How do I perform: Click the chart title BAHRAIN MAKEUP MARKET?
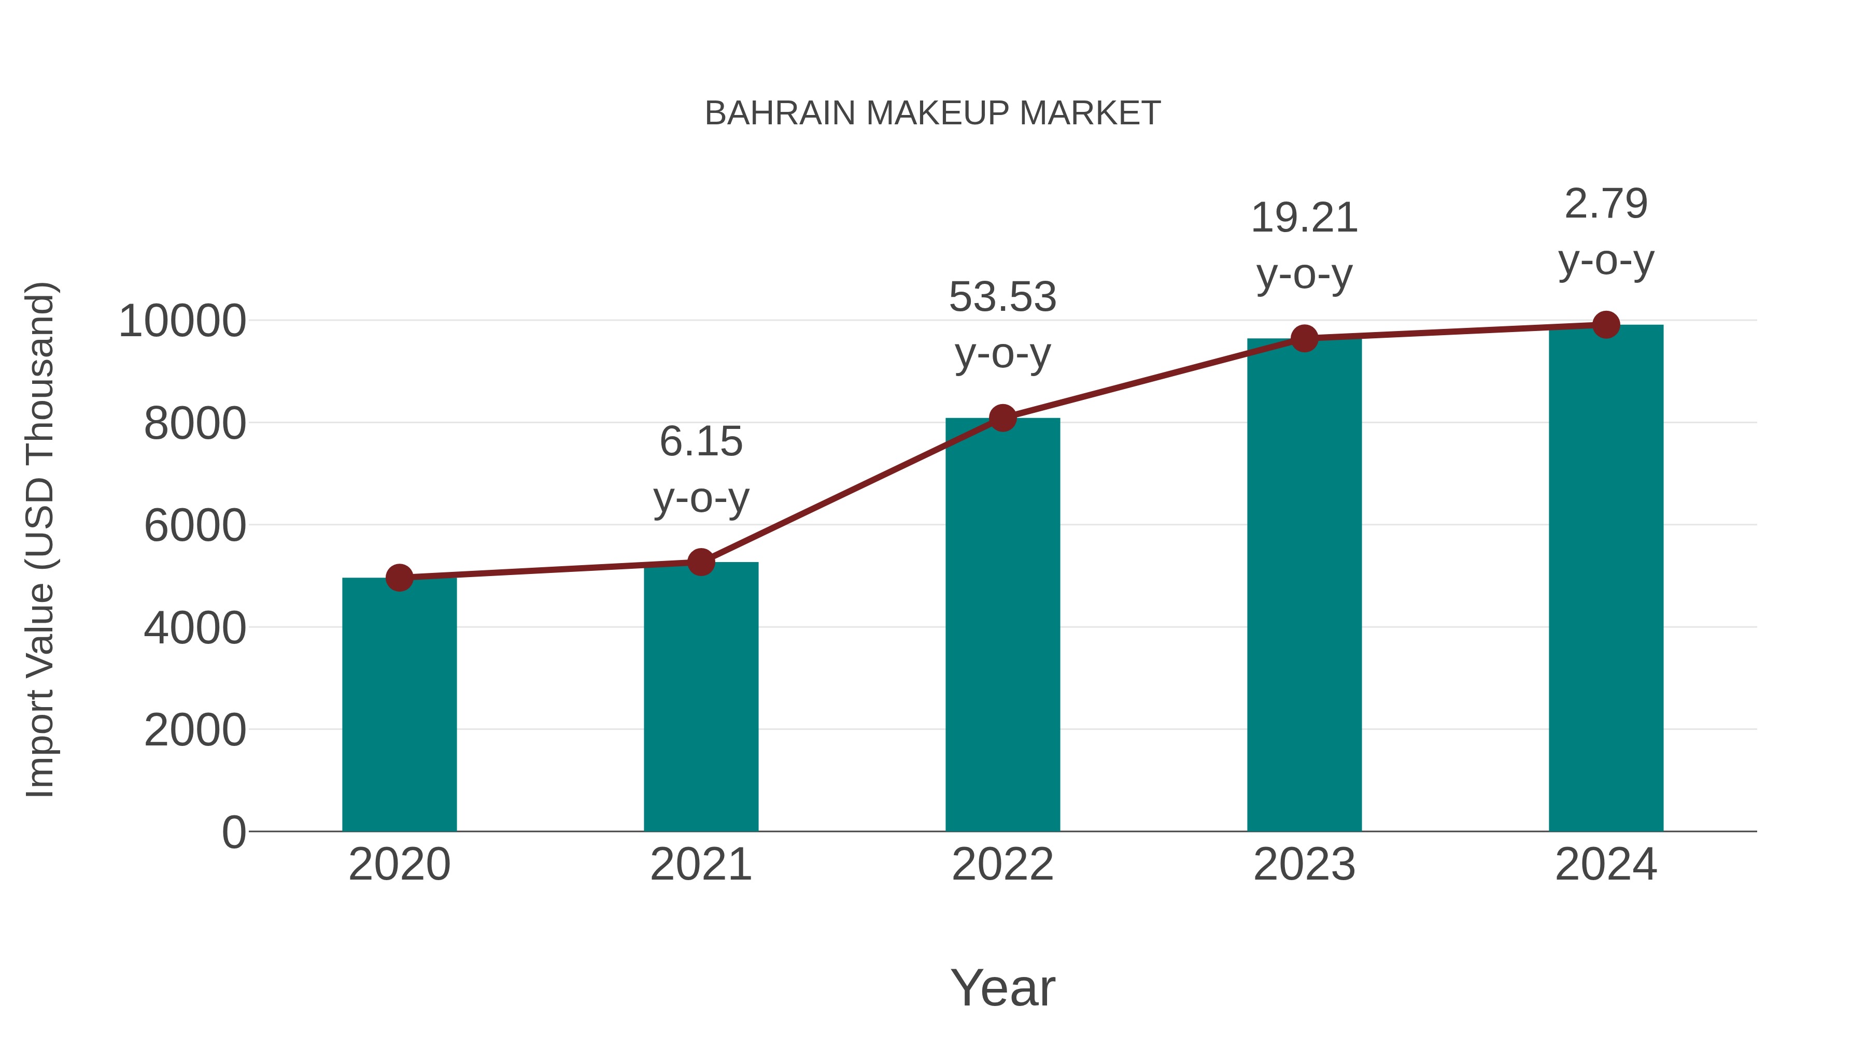click(x=932, y=113)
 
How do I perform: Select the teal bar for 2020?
click(x=399, y=706)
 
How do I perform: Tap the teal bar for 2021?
click(x=700, y=699)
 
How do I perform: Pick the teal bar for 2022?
click(x=1002, y=626)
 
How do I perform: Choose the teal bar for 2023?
click(x=1304, y=586)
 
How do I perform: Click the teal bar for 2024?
click(x=1606, y=579)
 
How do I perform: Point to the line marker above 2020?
click(x=399, y=578)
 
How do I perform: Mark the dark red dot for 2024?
click(x=1606, y=325)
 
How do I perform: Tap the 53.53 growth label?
click(x=1002, y=297)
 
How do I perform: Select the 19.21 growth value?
click(x=1304, y=218)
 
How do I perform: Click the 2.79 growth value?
click(x=1606, y=204)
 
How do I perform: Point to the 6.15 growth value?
click(x=700, y=441)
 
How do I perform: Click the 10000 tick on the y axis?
click(x=182, y=321)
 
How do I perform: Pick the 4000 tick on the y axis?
click(x=195, y=628)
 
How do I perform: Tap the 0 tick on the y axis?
click(x=233, y=832)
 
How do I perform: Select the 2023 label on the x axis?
click(x=1304, y=865)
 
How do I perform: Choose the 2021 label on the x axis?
click(x=700, y=865)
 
